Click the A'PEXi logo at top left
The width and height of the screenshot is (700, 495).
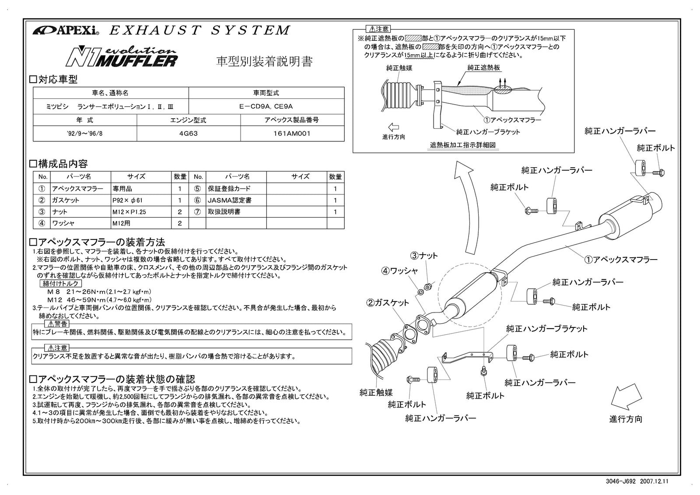click(x=66, y=31)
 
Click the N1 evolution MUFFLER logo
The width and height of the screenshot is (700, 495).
click(x=121, y=56)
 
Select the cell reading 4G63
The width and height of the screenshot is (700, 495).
click(x=189, y=133)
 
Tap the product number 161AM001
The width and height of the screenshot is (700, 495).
click(x=292, y=133)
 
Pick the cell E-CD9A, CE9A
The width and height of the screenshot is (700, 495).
click(x=266, y=106)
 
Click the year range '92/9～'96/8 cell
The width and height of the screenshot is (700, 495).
click(x=85, y=133)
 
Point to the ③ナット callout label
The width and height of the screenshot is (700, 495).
click(x=423, y=255)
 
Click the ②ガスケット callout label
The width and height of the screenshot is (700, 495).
click(x=388, y=302)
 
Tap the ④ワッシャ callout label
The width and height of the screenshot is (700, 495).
click(x=399, y=271)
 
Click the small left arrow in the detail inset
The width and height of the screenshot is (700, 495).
click(x=393, y=127)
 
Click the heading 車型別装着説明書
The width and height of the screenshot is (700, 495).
click(x=264, y=62)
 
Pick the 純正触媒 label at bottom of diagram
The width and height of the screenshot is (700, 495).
click(x=376, y=393)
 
